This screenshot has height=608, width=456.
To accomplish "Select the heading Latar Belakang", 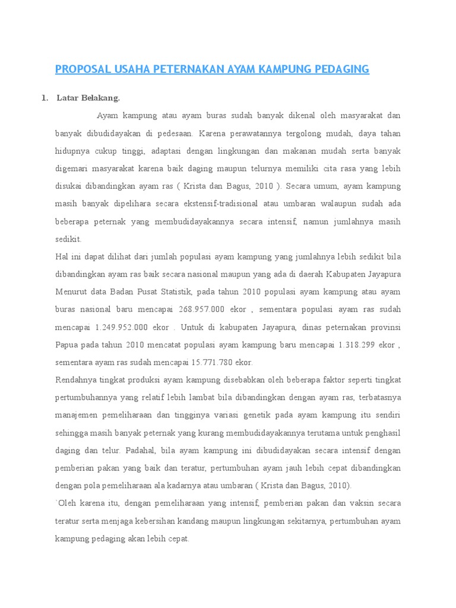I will point(88,98).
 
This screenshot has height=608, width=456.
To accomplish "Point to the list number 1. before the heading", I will point(45,98).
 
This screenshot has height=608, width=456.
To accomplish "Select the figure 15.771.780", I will point(204,362).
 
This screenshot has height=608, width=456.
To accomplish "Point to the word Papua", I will point(67,344).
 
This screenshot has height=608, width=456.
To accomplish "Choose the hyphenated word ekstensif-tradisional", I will point(216,204).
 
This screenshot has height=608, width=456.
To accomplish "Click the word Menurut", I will point(72,292).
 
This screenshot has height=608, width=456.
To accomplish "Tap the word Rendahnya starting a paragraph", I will point(76,380).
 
